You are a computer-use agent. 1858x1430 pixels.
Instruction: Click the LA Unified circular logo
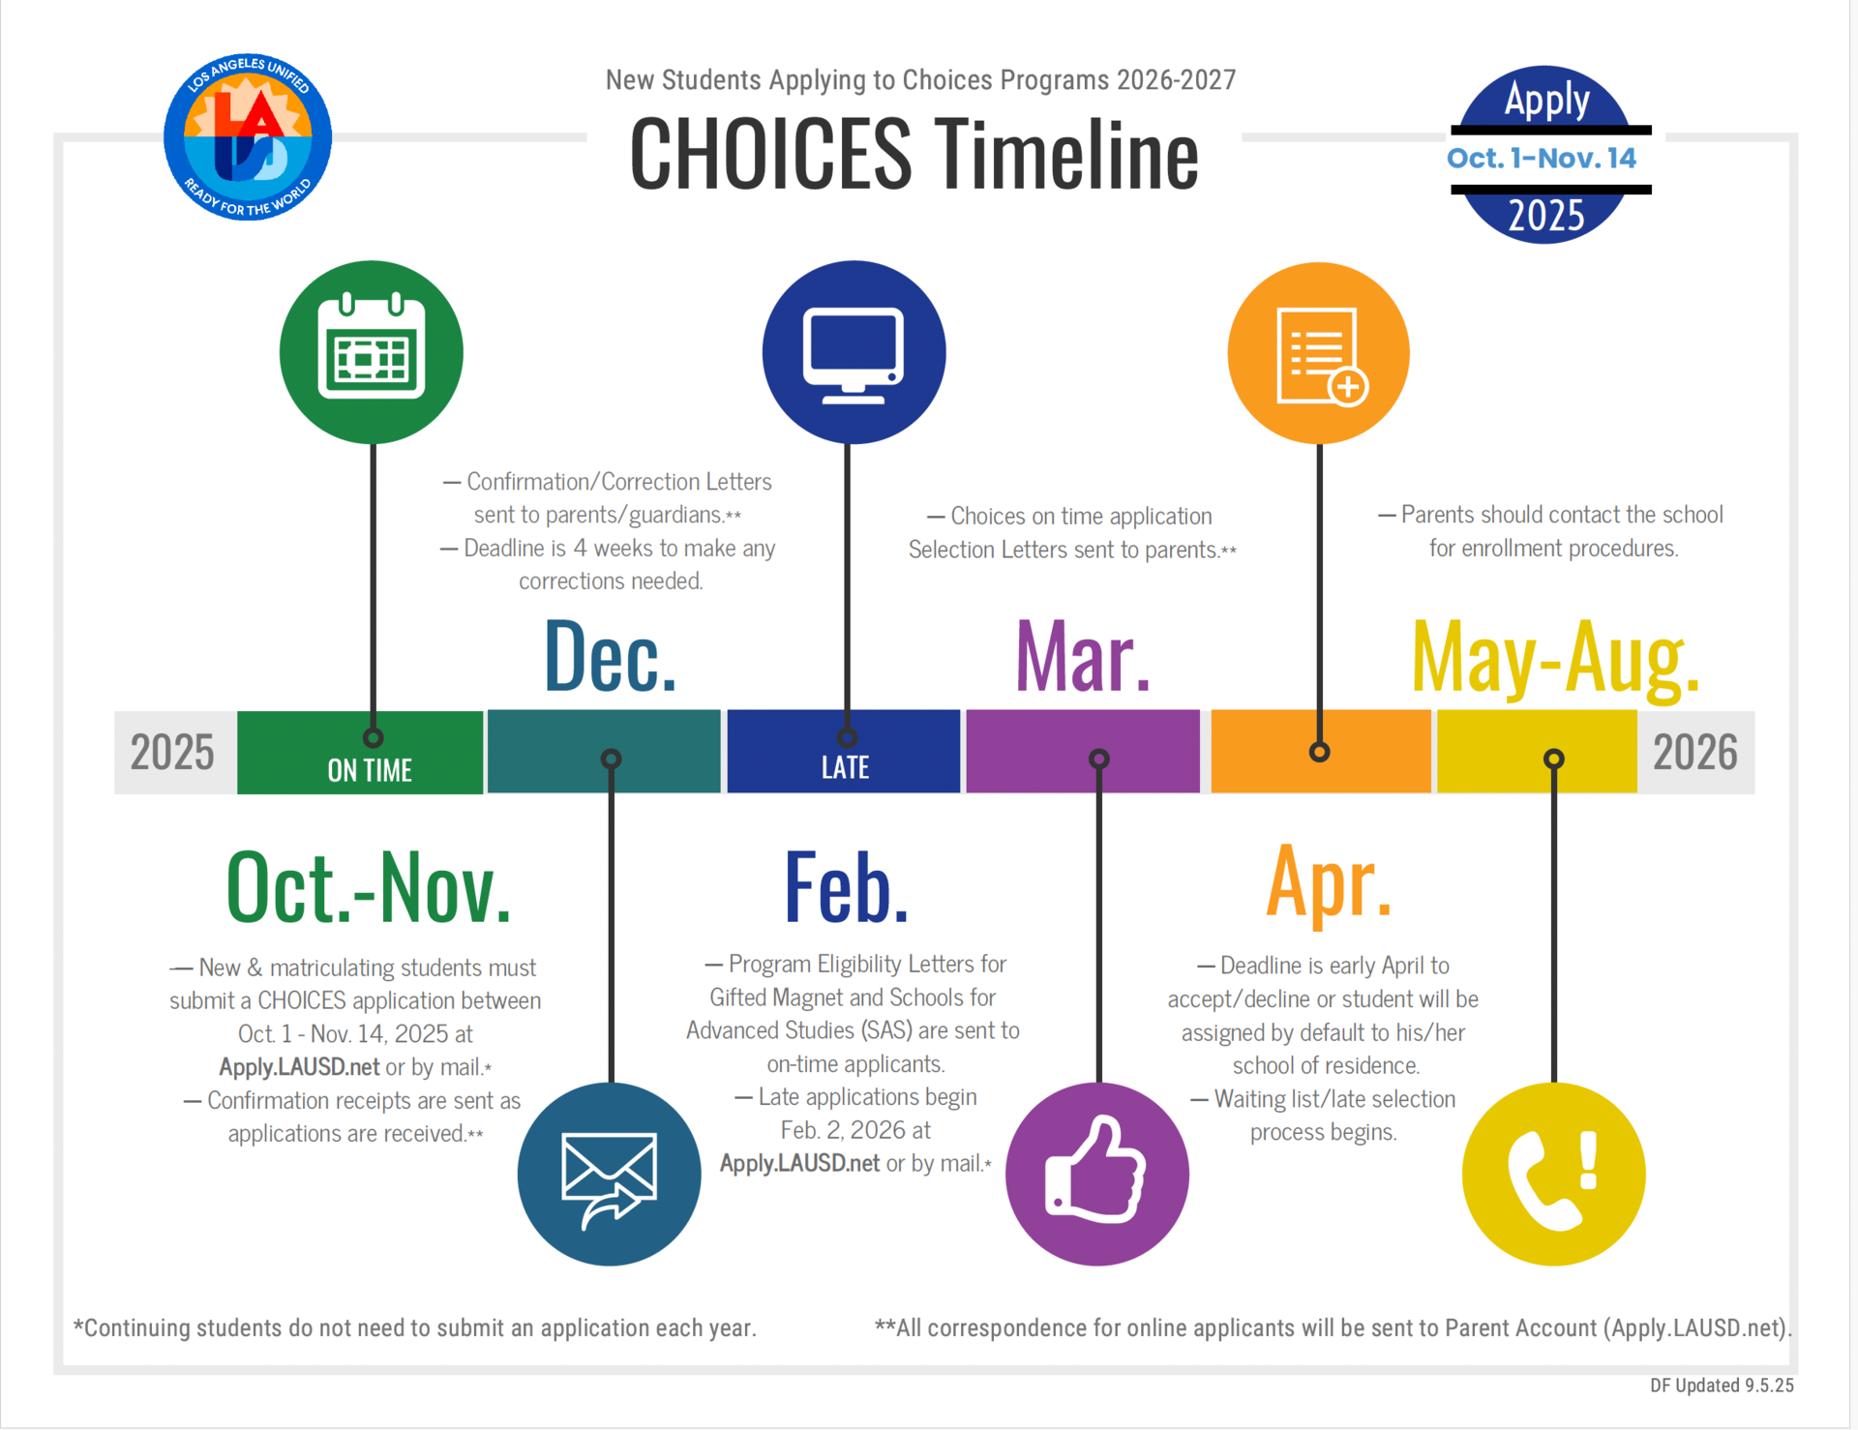(248, 137)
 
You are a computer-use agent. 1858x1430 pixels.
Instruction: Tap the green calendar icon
(372, 352)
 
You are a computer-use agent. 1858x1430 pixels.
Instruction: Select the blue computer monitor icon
(854, 352)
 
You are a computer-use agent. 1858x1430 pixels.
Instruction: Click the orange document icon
(1318, 353)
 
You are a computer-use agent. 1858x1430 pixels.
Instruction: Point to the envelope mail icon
(609, 1175)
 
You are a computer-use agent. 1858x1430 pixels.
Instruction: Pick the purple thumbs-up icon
(1097, 1175)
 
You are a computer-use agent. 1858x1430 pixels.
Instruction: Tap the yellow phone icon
(1553, 1175)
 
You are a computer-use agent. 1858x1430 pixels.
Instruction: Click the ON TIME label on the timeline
(370, 770)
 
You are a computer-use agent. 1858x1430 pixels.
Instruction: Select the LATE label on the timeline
(845, 768)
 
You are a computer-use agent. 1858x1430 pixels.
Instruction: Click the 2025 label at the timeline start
(172, 753)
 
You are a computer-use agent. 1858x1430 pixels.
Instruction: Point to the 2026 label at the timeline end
(1694, 753)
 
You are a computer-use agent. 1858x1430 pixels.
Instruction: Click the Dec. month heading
(610, 658)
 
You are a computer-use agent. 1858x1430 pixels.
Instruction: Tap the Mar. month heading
(1083, 658)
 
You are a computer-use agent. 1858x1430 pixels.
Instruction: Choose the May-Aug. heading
(1555, 658)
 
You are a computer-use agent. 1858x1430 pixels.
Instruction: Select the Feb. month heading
(847, 887)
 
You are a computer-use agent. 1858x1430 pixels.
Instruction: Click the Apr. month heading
(1329, 882)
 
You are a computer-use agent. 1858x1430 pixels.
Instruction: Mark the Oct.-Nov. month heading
(369, 887)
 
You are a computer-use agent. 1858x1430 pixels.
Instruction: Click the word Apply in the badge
(1546, 100)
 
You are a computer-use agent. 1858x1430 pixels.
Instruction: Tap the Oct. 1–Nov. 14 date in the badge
(1542, 159)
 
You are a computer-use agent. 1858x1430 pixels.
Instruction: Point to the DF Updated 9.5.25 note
(1722, 1385)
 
